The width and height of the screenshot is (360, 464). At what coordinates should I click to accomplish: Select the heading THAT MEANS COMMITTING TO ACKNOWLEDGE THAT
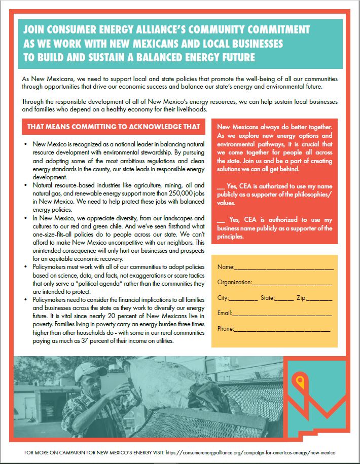tap(114, 127)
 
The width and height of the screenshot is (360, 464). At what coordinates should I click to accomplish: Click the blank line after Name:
tap(284, 267)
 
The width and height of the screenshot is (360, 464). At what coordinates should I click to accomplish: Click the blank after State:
tap(284, 298)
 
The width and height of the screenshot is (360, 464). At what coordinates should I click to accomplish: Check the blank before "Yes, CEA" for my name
tap(221, 186)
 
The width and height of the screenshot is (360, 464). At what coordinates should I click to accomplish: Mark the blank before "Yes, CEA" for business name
tap(221, 220)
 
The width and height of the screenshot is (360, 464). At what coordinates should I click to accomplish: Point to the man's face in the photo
tap(93, 385)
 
